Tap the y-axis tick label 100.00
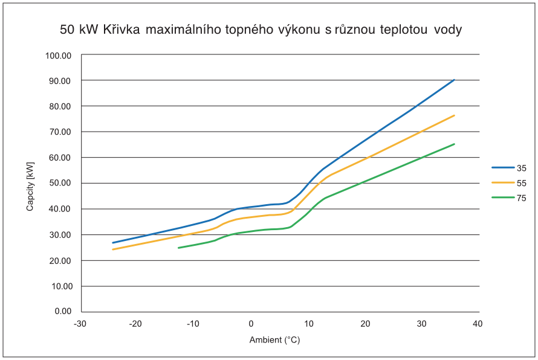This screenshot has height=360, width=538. pyautogui.click(x=59, y=56)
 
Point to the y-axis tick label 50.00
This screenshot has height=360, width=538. pyautogui.click(x=60, y=184)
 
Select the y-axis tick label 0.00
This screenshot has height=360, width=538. pyautogui.click(x=63, y=312)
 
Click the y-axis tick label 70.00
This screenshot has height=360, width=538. pyautogui.click(x=60, y=132)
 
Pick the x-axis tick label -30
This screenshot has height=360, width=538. pyautogui.click(x=80, y=324)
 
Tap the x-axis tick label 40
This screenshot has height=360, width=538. pyautogui.click(x=478, y=324)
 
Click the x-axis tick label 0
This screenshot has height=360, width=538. pyautogui.click(x=251, y=324)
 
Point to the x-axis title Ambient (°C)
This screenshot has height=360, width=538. pyautogui.click(x=274, y=340)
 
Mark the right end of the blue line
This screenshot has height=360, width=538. pyautogui.click(x=455, y=79)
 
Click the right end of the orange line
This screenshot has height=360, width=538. pyautogui.click(x=455, y=115)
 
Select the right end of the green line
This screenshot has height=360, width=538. pyautogui.click(x=455, y=144)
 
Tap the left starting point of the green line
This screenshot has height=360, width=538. pyautogui.click(x=178, y=248)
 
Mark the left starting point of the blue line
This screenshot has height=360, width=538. pyautogui.click(x=112, y=243)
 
